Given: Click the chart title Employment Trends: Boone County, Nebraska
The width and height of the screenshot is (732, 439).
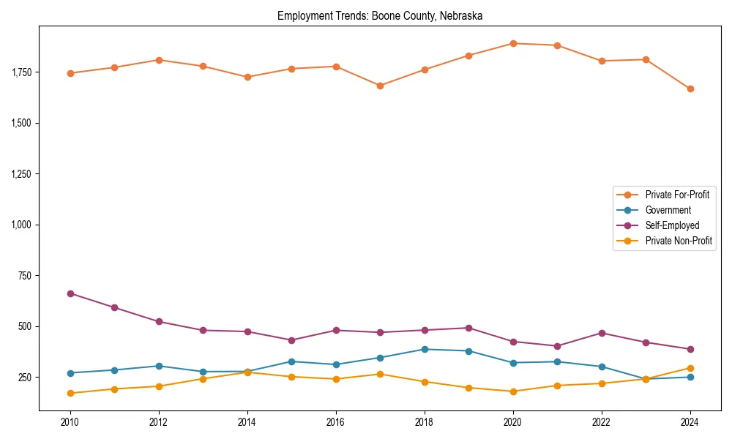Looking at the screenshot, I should tap(379, 15).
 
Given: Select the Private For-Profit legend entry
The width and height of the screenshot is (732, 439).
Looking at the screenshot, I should tap(676, 195).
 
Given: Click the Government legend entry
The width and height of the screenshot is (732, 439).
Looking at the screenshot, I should tap(668, 210).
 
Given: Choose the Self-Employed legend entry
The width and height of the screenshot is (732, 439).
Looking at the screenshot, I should tap(672, 225).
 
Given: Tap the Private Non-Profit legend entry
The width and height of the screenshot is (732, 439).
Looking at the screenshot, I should tap(679, 241).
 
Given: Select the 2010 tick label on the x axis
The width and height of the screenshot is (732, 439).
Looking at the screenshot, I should tap(70, 423).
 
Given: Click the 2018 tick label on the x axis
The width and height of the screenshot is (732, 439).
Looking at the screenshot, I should tap(425, 423).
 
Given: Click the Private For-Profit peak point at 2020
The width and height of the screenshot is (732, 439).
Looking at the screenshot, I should tap(513, 43).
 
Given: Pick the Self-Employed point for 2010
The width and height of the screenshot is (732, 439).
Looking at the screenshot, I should tap(70, 293).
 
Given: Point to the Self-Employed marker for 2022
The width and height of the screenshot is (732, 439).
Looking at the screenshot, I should tap(602, 333).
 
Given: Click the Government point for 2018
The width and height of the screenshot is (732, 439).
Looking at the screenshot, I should tap(425, 349).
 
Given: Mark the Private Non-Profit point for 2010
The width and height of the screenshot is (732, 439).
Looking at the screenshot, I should tap(70, 393).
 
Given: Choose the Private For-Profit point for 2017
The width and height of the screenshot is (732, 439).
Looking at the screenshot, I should tap(380, 86).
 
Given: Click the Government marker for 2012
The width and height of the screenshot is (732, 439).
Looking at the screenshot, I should tap(159, 366).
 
